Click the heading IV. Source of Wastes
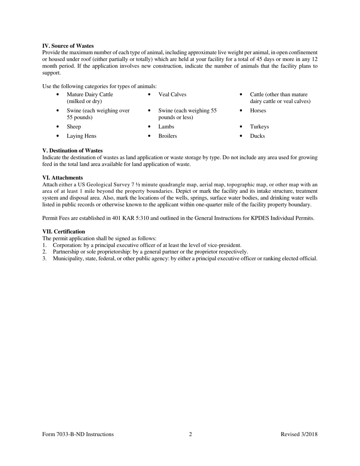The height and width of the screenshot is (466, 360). click(x=68, y=46)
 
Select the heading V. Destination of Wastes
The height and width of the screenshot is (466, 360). click(x=72, y=150)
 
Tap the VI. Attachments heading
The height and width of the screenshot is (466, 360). click(x=63, y=178)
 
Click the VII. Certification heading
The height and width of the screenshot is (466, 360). click(x=64, y=231)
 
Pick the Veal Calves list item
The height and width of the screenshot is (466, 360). click(x=172, y=94)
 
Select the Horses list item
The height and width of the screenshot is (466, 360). click(x=258, y=111)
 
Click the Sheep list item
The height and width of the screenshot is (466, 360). click(x=74, y=127)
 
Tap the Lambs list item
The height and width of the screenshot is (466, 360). click(x=166, y=127)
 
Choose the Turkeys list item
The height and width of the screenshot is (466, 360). click(x=259, y=127)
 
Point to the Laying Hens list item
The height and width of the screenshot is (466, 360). click(x=81, y=136)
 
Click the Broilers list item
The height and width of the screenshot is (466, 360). click(x=167, y=136)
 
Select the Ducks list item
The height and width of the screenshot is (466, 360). click(x=257, y=136)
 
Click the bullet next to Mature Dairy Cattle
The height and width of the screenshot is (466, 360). click(x=57, y=95)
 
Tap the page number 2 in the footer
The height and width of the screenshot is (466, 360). click(x=190, y=434)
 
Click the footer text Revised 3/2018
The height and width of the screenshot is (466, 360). click(x=299, y=434)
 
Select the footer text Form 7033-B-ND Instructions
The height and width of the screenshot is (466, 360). click(x=78, y=434)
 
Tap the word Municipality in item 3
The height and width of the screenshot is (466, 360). click(x=69, y=258)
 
